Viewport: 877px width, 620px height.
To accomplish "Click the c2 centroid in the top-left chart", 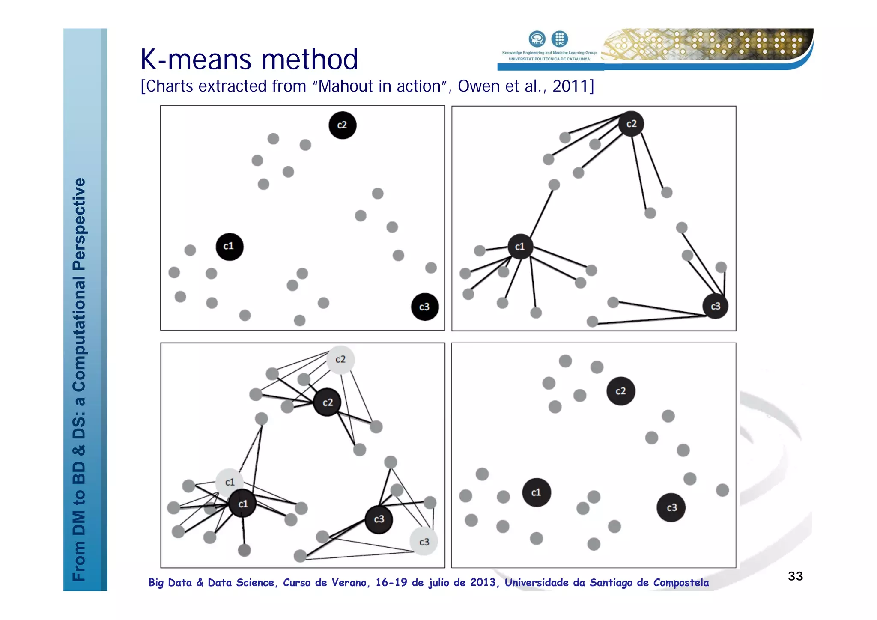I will (342, 125).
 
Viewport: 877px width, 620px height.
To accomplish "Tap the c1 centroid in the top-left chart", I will (230, 247).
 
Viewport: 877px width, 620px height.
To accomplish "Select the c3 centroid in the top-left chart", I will (425, 307).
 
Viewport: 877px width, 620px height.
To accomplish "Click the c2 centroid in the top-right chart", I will (631, 124).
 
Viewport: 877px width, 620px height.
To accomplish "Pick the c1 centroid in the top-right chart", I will (520, 247).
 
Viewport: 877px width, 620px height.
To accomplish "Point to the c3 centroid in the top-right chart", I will (715, 306).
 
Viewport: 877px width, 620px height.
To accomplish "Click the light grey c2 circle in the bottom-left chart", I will (340, 360).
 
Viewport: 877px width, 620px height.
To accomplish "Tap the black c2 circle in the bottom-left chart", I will (327, 402).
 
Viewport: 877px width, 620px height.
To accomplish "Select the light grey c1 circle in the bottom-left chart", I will (230, 482).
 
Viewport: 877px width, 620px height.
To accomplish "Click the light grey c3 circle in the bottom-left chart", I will (424, 542).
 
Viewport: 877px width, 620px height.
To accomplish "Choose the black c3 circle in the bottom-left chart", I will (379, 519).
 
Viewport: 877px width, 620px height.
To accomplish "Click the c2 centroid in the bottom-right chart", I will (620, 391).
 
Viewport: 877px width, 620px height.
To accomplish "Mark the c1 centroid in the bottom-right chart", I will (537, 492).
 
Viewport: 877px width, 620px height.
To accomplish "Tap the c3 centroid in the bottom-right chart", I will (671, 507).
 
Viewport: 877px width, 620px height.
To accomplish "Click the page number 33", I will (795, 576).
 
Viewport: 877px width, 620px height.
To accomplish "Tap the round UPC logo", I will (559, 39).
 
